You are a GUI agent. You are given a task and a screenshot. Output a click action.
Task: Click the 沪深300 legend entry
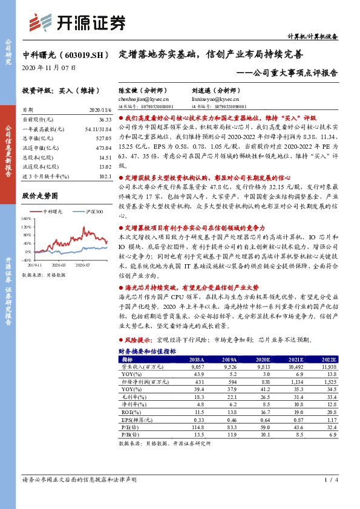93,212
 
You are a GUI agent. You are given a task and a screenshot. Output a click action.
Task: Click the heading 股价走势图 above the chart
39,196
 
